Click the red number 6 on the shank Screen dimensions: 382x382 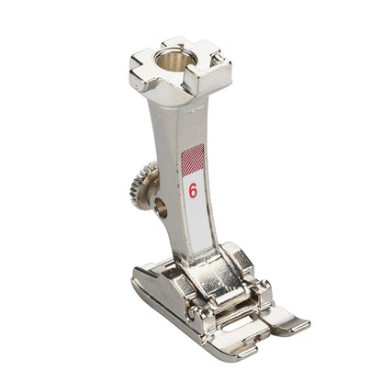193,191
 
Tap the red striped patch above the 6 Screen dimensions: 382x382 193,160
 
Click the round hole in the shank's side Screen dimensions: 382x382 161,208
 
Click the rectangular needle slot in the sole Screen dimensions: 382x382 241,324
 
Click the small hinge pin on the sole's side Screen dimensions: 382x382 192,312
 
